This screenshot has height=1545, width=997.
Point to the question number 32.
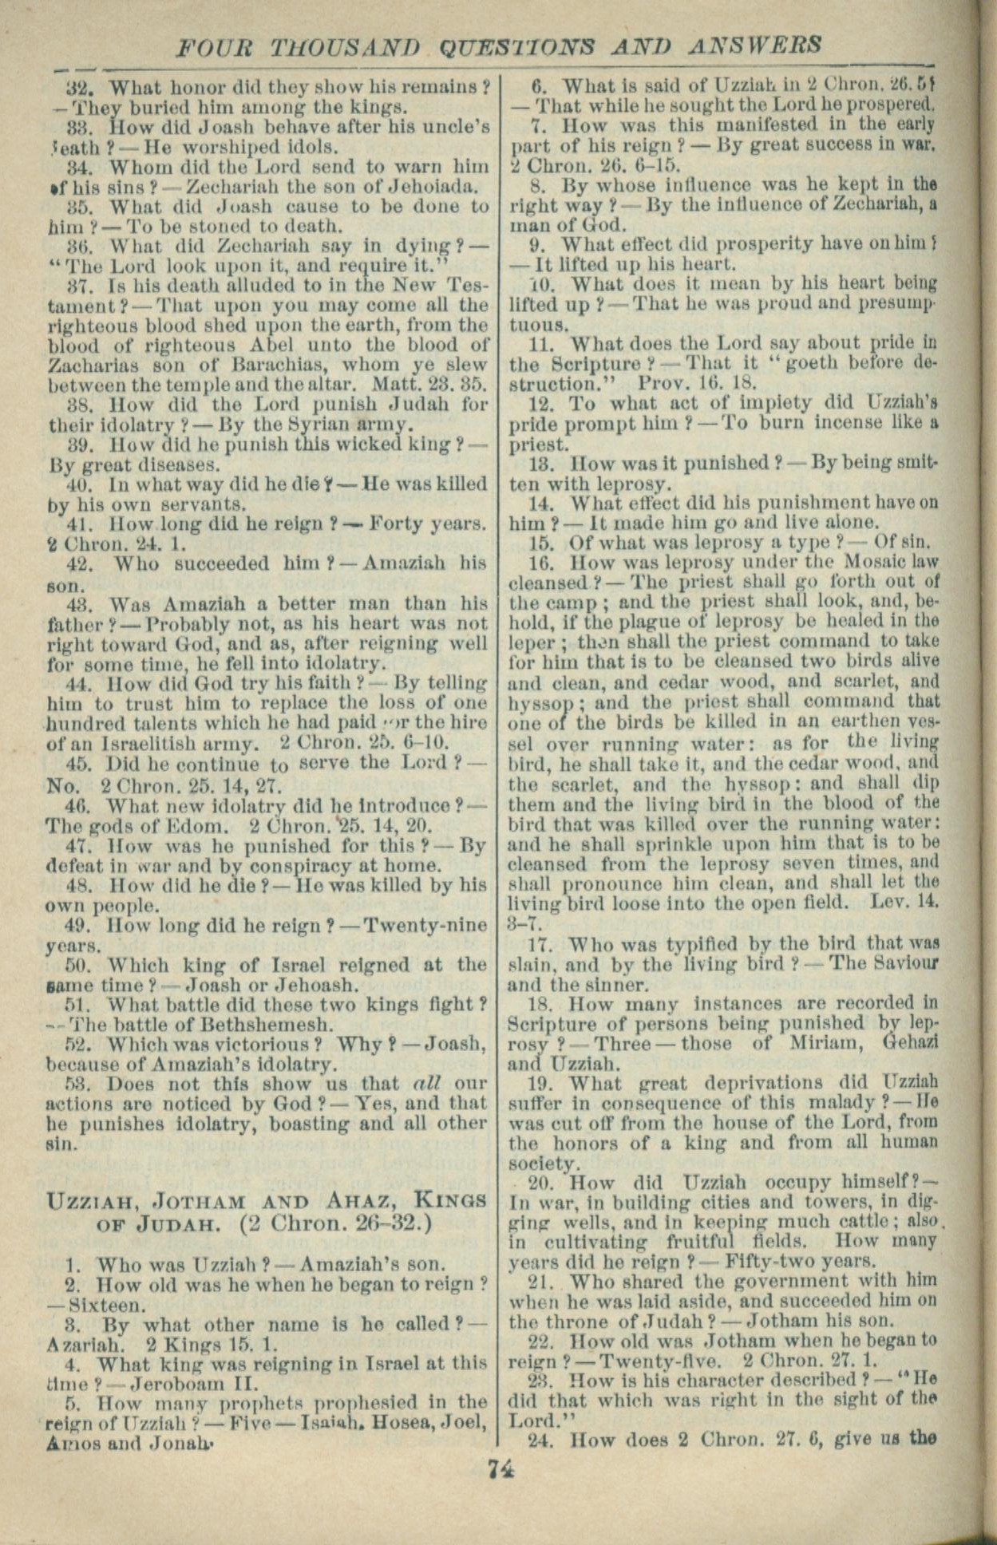click(x=80, y=86)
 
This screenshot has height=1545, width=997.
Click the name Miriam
click(x=802, y=1044)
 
